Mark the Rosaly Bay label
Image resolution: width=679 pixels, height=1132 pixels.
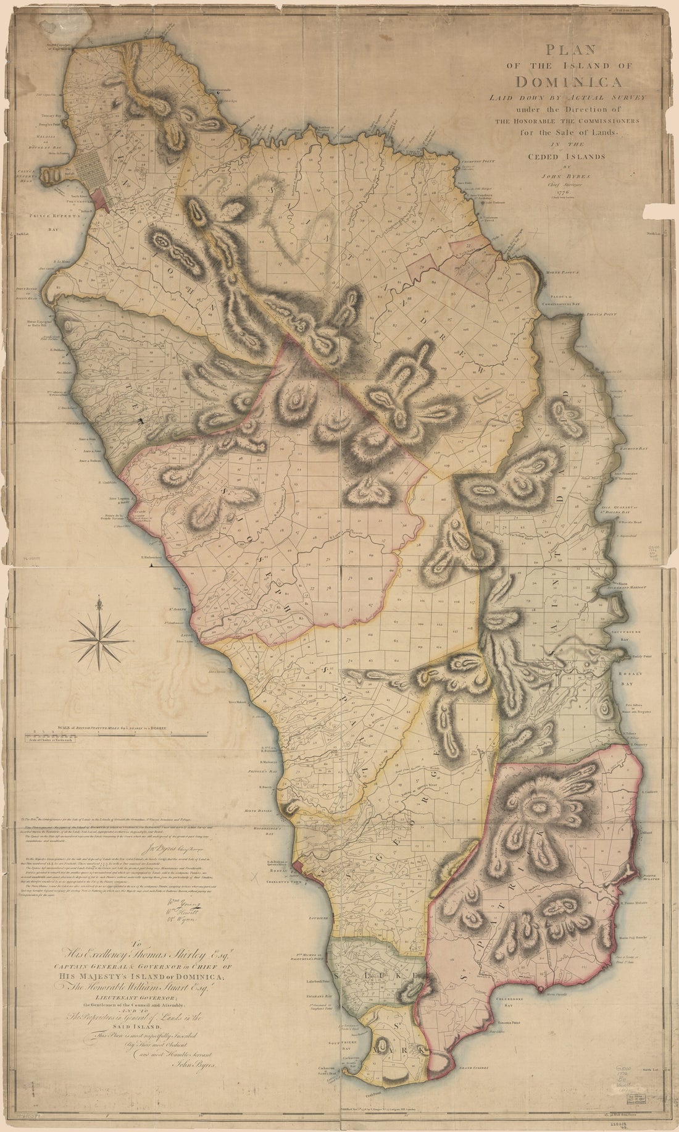click(x=630, y=676)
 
